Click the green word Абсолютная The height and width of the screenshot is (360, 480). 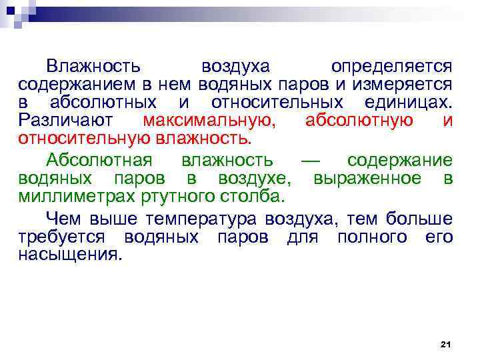click(x=99, y=161)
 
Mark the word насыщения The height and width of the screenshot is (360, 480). click(x=70, y=255)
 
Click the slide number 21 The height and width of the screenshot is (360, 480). click(x=446, y=344)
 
